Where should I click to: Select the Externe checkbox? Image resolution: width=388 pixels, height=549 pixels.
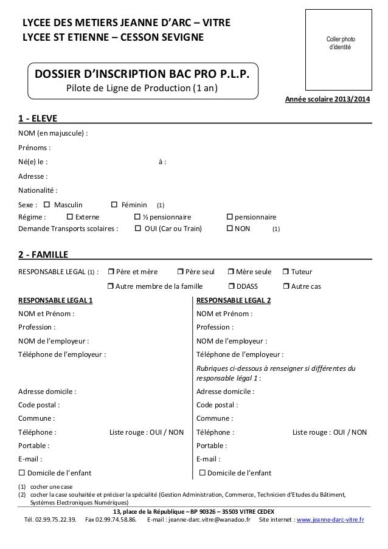point(69,217)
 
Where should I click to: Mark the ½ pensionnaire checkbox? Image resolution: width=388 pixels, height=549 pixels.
point(137,217)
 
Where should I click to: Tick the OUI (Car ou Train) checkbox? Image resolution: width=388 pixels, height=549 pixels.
point(137,229)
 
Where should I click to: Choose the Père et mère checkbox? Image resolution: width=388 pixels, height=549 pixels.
point(111,272)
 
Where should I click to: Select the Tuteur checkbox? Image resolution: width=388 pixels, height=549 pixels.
point(287,272)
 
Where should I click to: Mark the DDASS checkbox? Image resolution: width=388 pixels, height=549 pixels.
point(231,286)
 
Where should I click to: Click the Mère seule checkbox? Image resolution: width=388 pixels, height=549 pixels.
point(231,272)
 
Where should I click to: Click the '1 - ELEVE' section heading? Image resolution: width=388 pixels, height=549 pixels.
point(38,117)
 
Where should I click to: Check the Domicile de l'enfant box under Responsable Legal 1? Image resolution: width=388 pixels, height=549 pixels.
point(23,474)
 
